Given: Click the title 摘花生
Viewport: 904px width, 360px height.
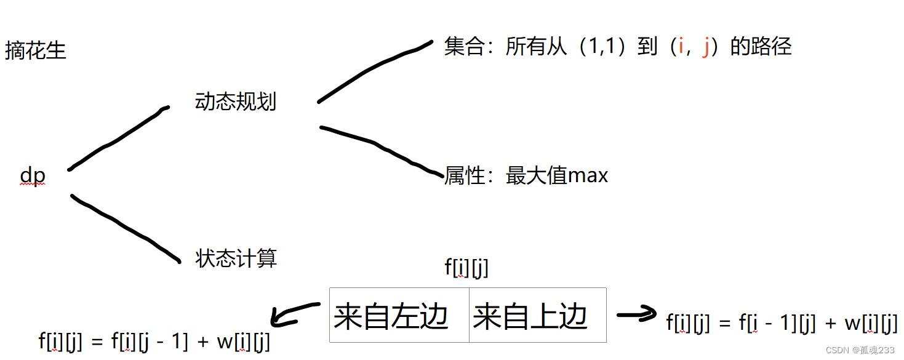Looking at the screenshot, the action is [35, 50].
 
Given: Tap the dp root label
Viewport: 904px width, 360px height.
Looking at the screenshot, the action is [33, 177].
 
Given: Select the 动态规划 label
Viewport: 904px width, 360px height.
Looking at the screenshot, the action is [236, 102].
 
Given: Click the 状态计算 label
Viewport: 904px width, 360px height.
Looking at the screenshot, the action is [236, 258].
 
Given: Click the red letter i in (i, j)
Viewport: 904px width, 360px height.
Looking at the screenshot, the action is [681, 47].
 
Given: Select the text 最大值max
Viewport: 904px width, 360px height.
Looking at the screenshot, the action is [557, 176].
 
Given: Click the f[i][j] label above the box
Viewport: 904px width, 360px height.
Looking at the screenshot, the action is [466, 267].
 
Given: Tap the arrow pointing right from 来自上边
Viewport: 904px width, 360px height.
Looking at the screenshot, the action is [637, 315].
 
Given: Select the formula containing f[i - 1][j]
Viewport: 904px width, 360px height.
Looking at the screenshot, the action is [782, 323].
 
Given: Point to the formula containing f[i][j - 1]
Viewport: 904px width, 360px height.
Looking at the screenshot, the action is [154, 342].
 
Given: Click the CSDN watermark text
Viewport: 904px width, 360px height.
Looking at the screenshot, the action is [860, 350].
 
